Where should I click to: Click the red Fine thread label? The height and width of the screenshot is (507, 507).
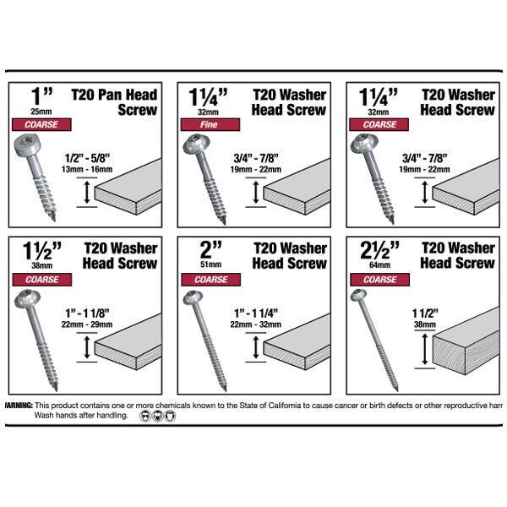[210, 124]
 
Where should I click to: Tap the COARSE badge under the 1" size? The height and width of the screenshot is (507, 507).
[41, 124]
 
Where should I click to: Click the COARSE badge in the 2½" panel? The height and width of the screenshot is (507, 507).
[379, 280]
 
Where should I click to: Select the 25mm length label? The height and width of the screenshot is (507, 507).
[41, 112]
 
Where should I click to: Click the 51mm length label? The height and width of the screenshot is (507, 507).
[210, 264]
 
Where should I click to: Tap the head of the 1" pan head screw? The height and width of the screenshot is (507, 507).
[27, 146]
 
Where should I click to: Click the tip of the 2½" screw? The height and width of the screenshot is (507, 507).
[396, 390]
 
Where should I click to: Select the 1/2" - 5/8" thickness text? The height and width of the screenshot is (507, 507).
[87, 158]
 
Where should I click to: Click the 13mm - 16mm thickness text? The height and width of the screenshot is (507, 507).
[87, 170]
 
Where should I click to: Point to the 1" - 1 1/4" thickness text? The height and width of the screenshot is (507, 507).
[256, 313]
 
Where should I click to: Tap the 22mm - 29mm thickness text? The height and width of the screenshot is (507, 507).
[87, 324]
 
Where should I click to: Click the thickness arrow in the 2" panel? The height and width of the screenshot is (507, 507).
[256, 347]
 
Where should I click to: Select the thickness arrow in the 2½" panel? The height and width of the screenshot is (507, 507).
[425, 350]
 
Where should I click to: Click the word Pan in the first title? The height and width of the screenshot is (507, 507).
[110, 95]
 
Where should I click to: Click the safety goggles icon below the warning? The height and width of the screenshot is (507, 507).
[145, 416]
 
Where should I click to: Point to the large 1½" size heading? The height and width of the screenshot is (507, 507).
[42, 251]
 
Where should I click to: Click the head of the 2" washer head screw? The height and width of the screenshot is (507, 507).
[193, 297]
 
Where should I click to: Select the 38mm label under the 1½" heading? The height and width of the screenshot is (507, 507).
[41, 266]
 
